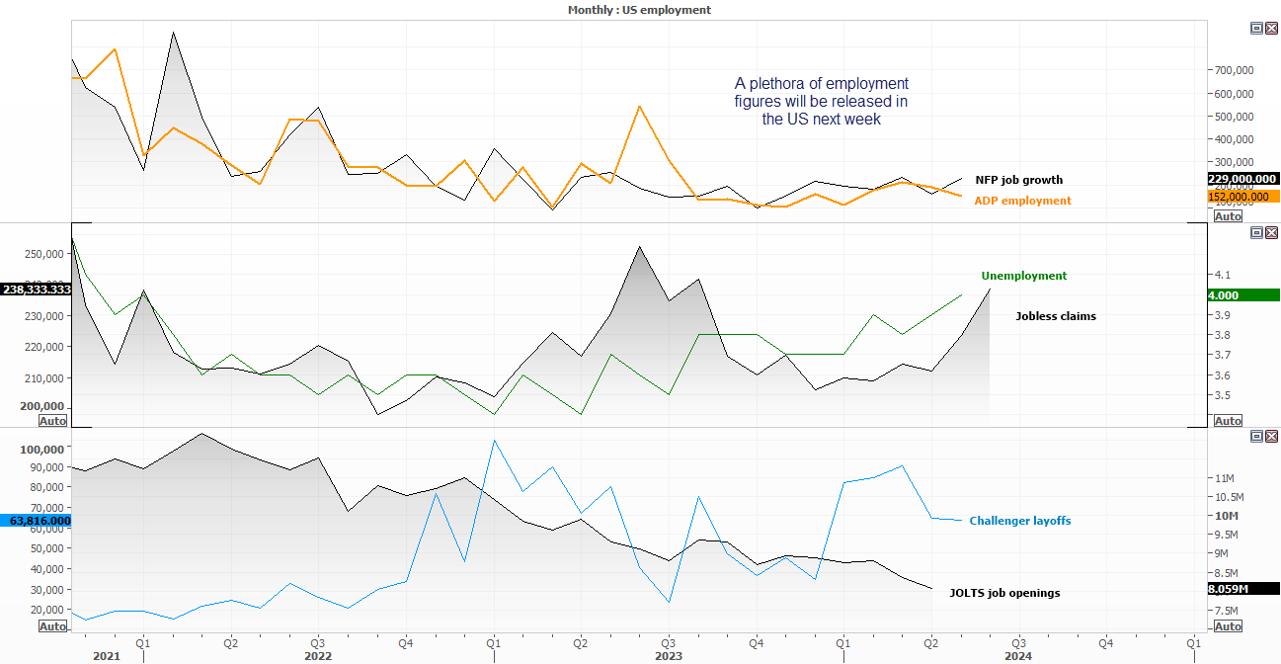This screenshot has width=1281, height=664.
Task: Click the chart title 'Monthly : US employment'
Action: coord(639,10)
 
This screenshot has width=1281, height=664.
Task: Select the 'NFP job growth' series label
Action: coord(1019,180)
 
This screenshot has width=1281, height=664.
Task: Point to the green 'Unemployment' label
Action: coord(1023,276)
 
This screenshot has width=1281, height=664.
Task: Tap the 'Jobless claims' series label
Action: coord(1056,316)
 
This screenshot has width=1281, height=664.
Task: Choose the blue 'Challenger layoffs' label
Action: coord(1019,521)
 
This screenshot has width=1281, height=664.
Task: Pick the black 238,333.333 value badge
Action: coord(36,290)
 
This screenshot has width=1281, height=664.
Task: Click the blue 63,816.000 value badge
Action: coord(36,520)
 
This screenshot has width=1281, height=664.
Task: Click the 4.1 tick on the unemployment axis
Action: coord(1222,275)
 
